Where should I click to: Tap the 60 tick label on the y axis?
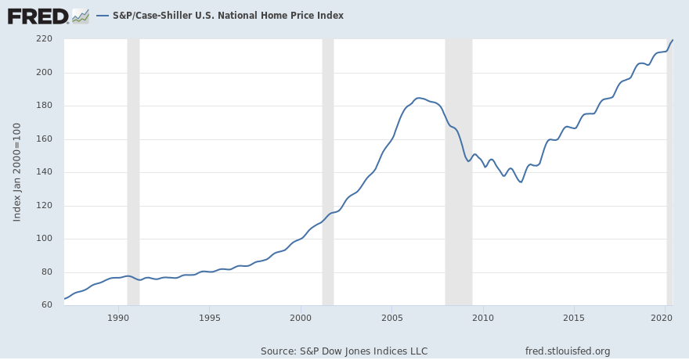tap(46, 305)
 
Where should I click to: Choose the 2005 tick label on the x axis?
tap(392, 318)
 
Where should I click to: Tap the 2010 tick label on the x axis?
tap(483, 318)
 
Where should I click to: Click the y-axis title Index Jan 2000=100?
tap(17, 172)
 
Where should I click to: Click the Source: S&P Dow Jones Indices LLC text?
tap(344, 351)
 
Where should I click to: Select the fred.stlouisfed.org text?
tap(568, 351)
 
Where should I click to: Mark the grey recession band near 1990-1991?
tap(133, 172)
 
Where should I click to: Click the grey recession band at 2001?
tap(328, 172)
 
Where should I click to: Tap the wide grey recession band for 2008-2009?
tap(459, 172)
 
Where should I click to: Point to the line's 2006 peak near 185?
tap(419, 98)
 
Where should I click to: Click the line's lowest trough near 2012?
tap(521, 182)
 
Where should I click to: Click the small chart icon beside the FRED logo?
tap(81, 15)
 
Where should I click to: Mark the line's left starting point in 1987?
tap(65, 299)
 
